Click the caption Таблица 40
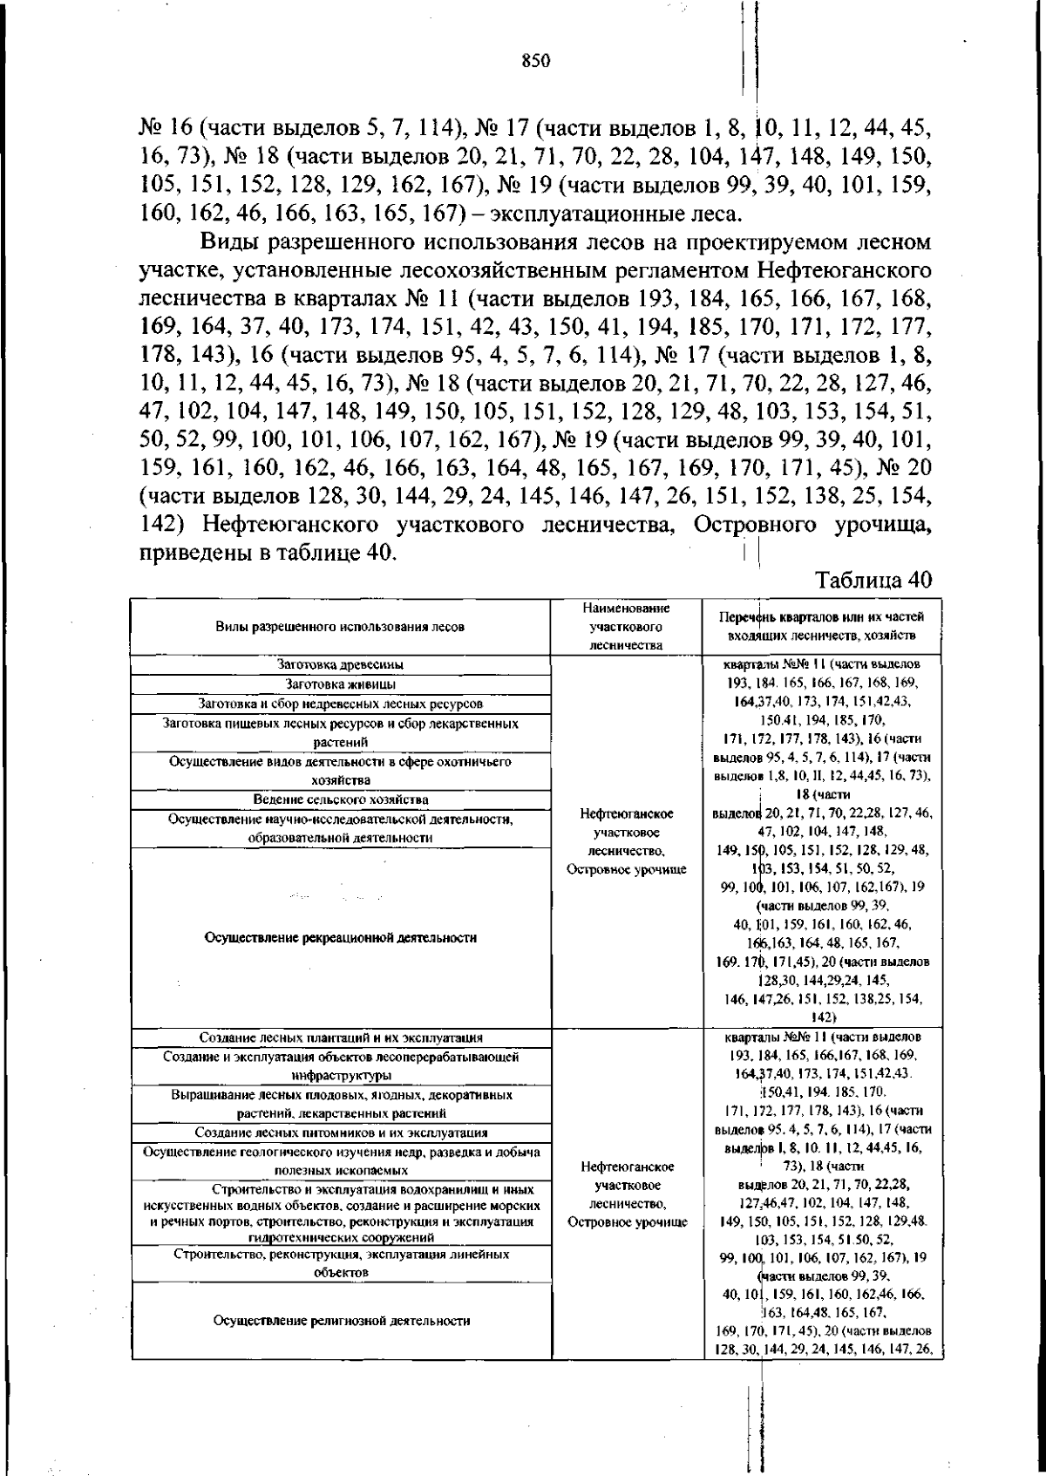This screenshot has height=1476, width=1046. tap(873, 581)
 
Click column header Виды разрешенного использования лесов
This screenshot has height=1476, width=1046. tap(341, 627)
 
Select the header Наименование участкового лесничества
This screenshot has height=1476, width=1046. tap(626, 626)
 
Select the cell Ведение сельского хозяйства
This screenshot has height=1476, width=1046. tap(341, 799)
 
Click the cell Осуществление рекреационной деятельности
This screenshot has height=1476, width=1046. tap(341, 938)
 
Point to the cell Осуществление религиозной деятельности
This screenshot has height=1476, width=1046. tap(341, 1321)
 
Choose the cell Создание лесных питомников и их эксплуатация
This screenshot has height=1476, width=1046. tap(341, 1133)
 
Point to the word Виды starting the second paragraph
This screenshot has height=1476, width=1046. tap(230, 241)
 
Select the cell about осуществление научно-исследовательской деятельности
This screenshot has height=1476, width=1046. tap(341, 828)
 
